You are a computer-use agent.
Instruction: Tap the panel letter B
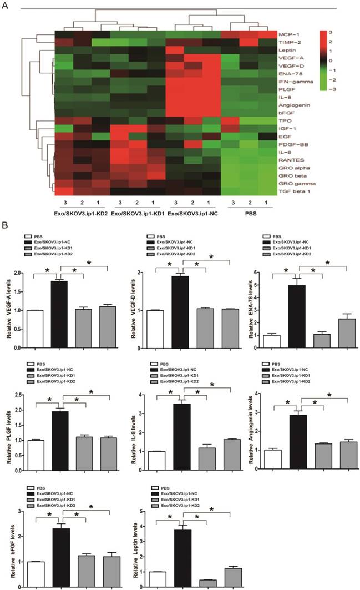[x=6, y=226]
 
